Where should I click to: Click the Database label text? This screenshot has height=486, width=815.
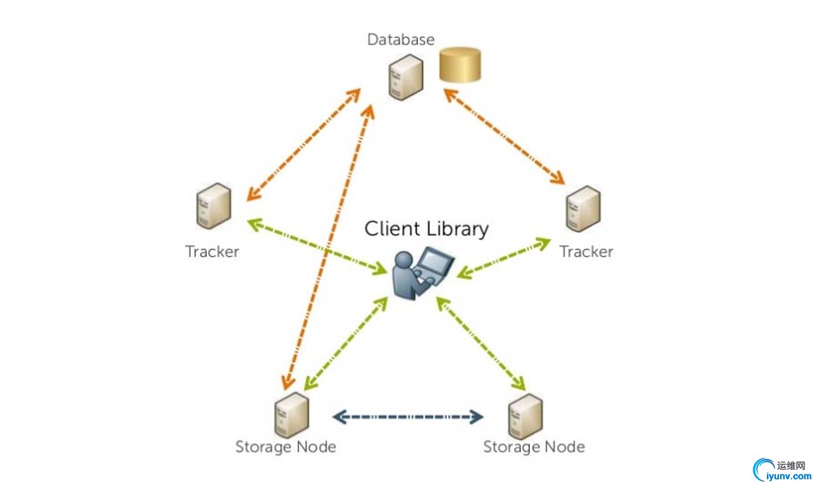coord(401,40)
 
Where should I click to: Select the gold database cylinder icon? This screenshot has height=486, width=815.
coord(460,66)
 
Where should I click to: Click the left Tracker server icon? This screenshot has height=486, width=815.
coord(213,206)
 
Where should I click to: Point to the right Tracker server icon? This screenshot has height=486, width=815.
coord(583,209)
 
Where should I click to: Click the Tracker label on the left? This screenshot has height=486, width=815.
coord(212,251)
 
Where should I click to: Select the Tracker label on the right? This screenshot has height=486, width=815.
coord(586,251)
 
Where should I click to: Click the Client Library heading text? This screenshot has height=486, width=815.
coord(426,229)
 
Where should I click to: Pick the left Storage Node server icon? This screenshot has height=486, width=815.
coord(292,414)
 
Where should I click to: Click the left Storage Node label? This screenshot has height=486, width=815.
coord(285,447)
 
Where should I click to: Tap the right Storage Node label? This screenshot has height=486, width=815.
coord(534,447)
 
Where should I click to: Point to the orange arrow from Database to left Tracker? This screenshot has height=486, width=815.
coord(304,144)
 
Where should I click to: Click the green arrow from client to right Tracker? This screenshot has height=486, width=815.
coord(504,257)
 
